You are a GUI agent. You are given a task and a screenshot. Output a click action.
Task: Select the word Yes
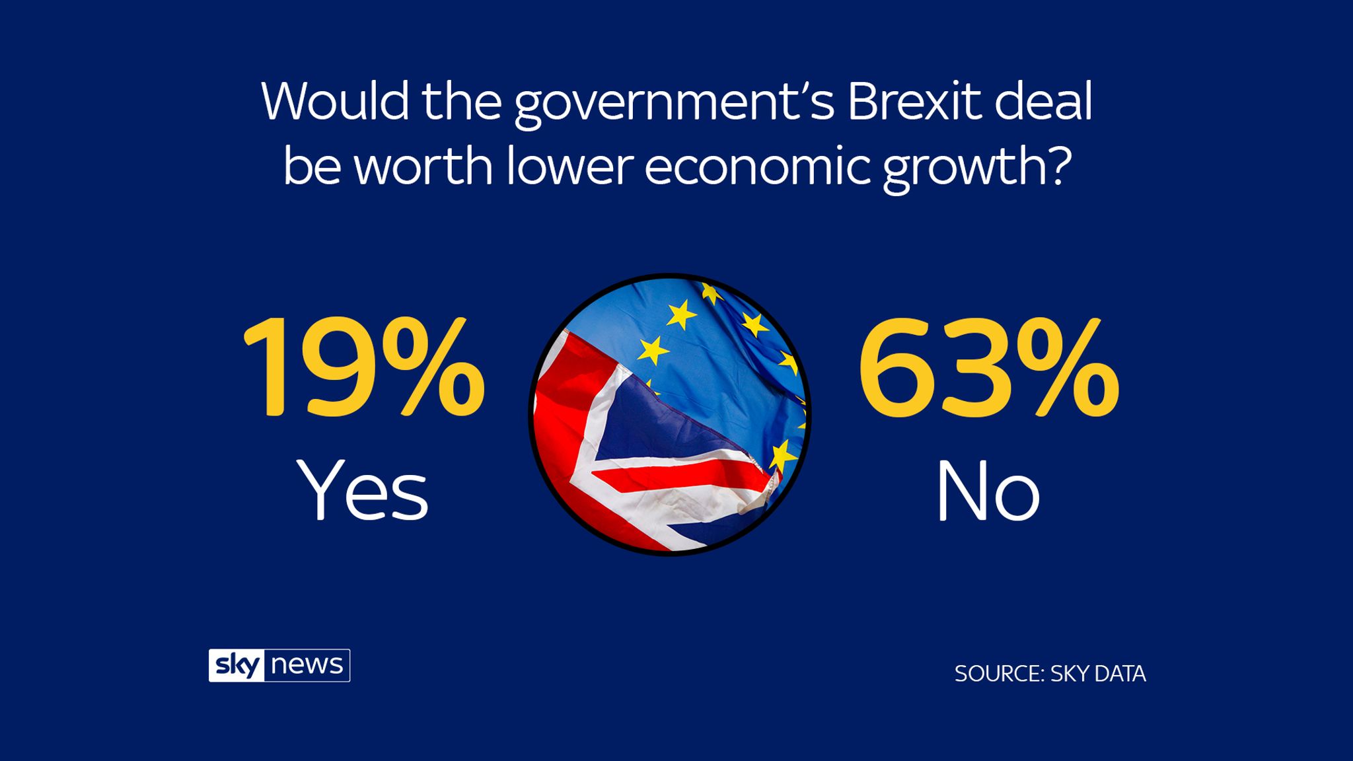[x=363, y=490]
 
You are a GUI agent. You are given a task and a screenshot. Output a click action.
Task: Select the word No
[x=988, y=490]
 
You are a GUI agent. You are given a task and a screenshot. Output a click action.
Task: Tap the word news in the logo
[x=307, y=665]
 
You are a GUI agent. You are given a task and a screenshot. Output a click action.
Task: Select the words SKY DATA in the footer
[x=1097, y=674]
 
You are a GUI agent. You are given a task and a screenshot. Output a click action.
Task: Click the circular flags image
[x=669, y=414]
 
